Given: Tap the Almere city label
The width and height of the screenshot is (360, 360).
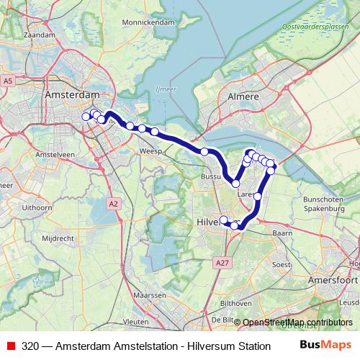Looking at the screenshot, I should (243, 95).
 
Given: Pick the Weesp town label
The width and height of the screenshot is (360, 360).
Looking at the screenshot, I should (151, 152).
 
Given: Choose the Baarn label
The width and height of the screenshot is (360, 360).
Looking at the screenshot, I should (282, 233).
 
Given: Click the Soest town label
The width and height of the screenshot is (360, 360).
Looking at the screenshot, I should (281, 264).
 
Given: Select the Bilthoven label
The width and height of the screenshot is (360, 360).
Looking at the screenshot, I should (235, 304).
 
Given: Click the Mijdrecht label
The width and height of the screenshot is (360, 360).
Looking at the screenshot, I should (58, 237).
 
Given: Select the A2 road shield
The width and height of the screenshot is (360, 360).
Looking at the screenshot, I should (114, 204).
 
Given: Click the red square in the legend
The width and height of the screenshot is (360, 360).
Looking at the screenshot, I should (11, 346).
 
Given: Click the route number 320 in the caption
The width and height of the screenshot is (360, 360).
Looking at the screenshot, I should (30, 346).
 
